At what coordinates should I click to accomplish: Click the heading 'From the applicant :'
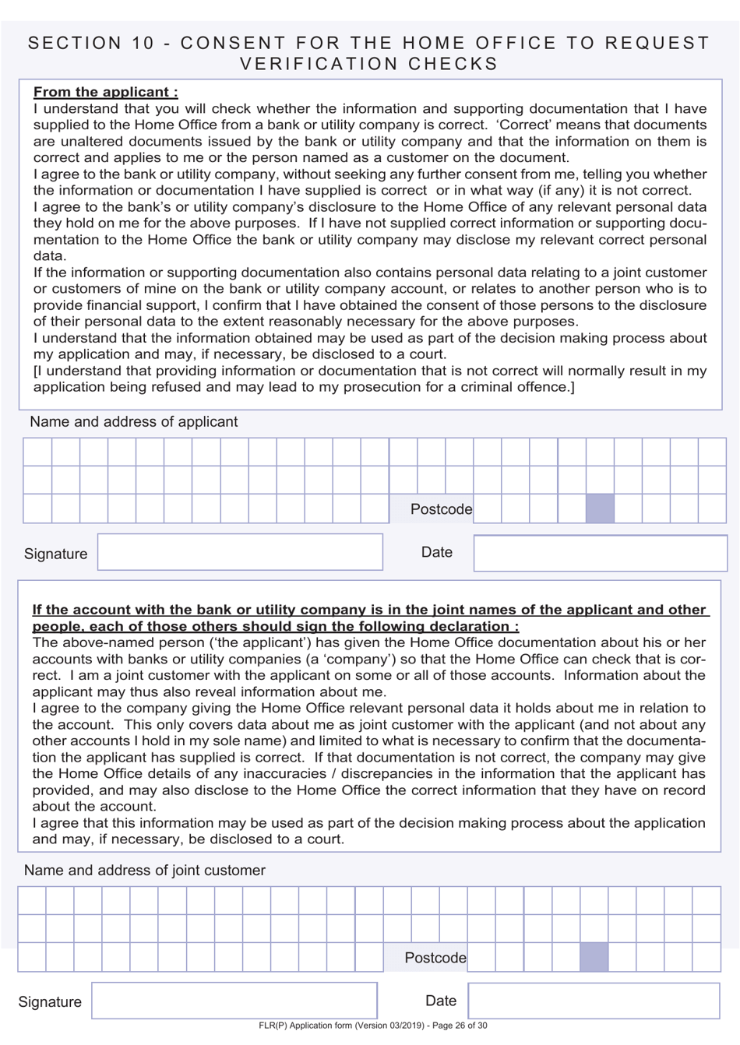point(105,92)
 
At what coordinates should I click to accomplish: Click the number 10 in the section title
point(143,44)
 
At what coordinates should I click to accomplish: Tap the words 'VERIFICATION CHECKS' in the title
point(369,64)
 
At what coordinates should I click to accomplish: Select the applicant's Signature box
point(240,552)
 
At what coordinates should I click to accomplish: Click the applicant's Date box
point(600,553)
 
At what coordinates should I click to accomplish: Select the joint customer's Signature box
point(234,1001)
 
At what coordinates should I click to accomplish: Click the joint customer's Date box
point(594,1001)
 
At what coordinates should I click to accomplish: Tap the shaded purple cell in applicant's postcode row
point(600,508)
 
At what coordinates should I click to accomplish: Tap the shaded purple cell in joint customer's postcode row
point(594,957)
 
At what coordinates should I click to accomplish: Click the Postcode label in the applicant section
point(441,509)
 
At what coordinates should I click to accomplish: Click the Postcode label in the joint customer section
point(435,958)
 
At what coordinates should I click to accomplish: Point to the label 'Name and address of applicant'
point(133,421)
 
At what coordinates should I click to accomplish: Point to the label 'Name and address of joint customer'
point(144,870)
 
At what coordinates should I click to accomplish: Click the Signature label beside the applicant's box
point(55,554)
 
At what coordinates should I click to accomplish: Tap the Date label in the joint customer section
point(440,1001)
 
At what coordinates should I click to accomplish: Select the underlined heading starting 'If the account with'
point(369,617)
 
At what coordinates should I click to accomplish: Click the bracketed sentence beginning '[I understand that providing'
point(369,378)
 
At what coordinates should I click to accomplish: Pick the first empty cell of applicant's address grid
point(37,452)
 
